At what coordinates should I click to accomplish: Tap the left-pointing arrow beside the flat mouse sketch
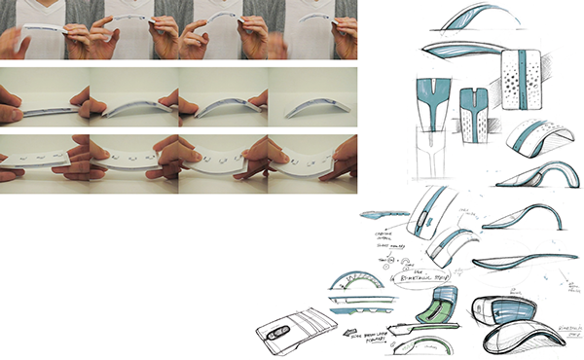point(347,331)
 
